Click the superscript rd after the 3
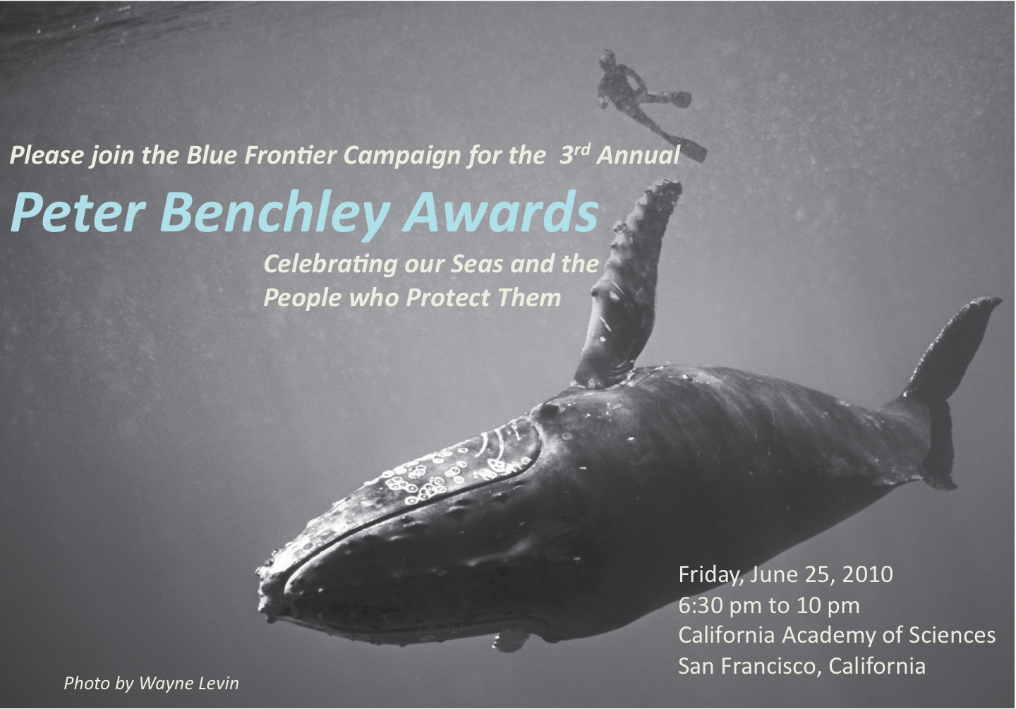pyautogui.click(x=582, y=150)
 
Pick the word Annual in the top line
pyautogui.click(x=638, y=155)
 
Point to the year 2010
pyautogui.click(x=868, y=574)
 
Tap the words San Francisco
pyautogui.click(x=750, y=667)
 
